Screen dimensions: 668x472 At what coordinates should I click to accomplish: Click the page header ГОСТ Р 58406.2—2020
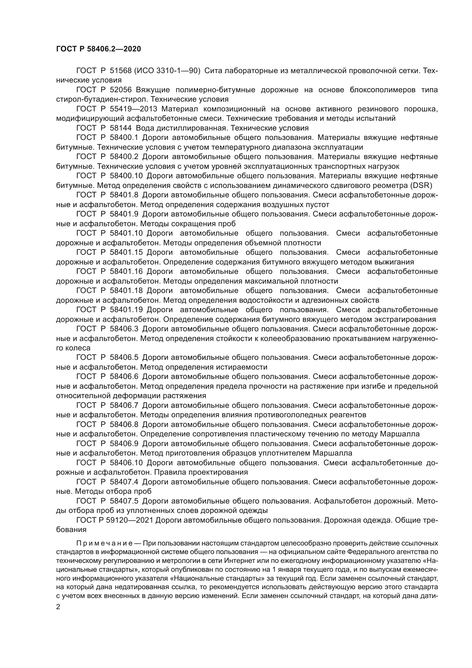coord(98,49)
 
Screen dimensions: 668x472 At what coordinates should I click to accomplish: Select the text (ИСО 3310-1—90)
coord(167,71)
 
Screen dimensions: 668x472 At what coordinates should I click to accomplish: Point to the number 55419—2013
coord(133,109)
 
